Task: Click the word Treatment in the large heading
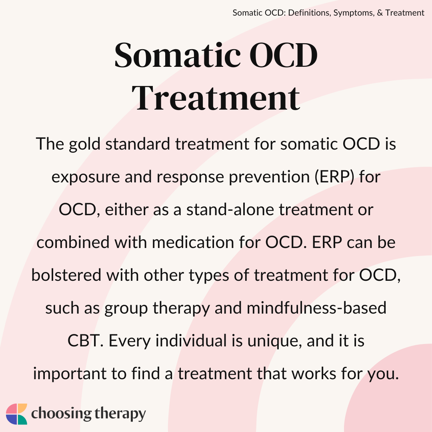pyautogui.click(x=216, y=98)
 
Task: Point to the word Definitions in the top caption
pyautogui.click(x=309, y=13)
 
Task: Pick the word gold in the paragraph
pyautogui.click(x=84, y=144)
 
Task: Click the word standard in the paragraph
pyautogui.click(x=138, y=144)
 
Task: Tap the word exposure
pyautogui.click(x=86, y=177)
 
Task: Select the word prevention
pyautogui.click(x=269, y=177)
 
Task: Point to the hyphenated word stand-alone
pyautogui.click(x=230, y=209)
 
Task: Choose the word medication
pyautogui.click(x=192, y=242)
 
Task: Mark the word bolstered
pyautogui.click(x=66, y=275)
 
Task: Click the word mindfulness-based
pyautogui.click(x=316, y=308)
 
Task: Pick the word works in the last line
pyautogui.click(x=314, y=374)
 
